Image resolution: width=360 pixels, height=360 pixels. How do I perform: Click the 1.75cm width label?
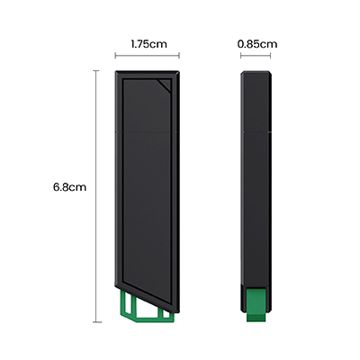click(148, 42)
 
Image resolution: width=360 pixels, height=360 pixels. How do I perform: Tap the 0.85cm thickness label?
click(256, 42)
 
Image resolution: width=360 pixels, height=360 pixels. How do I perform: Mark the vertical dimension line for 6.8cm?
click(97, 198)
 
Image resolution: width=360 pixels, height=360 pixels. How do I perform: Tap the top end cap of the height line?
click(97, 71)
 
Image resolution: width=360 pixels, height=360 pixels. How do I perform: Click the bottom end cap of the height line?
click(97, 321)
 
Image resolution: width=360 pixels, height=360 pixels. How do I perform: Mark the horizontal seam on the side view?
click(256, 131)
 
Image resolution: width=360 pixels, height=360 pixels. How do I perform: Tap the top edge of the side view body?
click(256, 72)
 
